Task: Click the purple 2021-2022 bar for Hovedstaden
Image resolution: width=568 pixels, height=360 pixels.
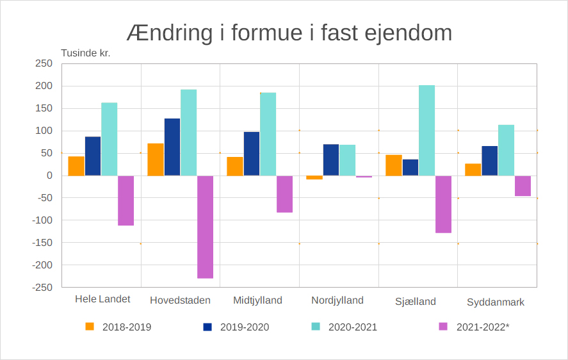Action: point(205,227)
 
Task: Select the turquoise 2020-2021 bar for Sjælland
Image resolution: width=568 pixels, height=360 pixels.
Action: point(426,131)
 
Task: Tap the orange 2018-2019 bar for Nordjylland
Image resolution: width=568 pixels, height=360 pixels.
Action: point(314,177)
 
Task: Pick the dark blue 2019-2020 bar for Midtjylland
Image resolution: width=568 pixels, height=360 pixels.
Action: point(252,154)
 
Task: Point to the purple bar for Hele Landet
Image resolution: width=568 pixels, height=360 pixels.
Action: point(126,200)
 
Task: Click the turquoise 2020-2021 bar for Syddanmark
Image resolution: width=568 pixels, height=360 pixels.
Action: point(506,150)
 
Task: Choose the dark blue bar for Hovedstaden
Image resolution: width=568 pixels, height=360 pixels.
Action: point(172,147)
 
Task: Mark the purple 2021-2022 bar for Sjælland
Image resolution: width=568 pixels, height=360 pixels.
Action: point(443,204)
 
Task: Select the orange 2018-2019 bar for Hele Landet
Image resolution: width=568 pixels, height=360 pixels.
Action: point(76,166)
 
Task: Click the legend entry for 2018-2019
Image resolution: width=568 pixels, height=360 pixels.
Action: point(119,327)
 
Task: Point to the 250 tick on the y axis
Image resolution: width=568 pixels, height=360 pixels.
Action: point(44,63)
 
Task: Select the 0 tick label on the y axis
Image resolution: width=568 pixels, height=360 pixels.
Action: point(49,176)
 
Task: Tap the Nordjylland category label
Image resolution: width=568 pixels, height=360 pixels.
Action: point(337,300)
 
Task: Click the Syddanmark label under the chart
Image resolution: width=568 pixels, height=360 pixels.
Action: point(496,302)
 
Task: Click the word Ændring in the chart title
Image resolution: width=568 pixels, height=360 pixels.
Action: point(168,33)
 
